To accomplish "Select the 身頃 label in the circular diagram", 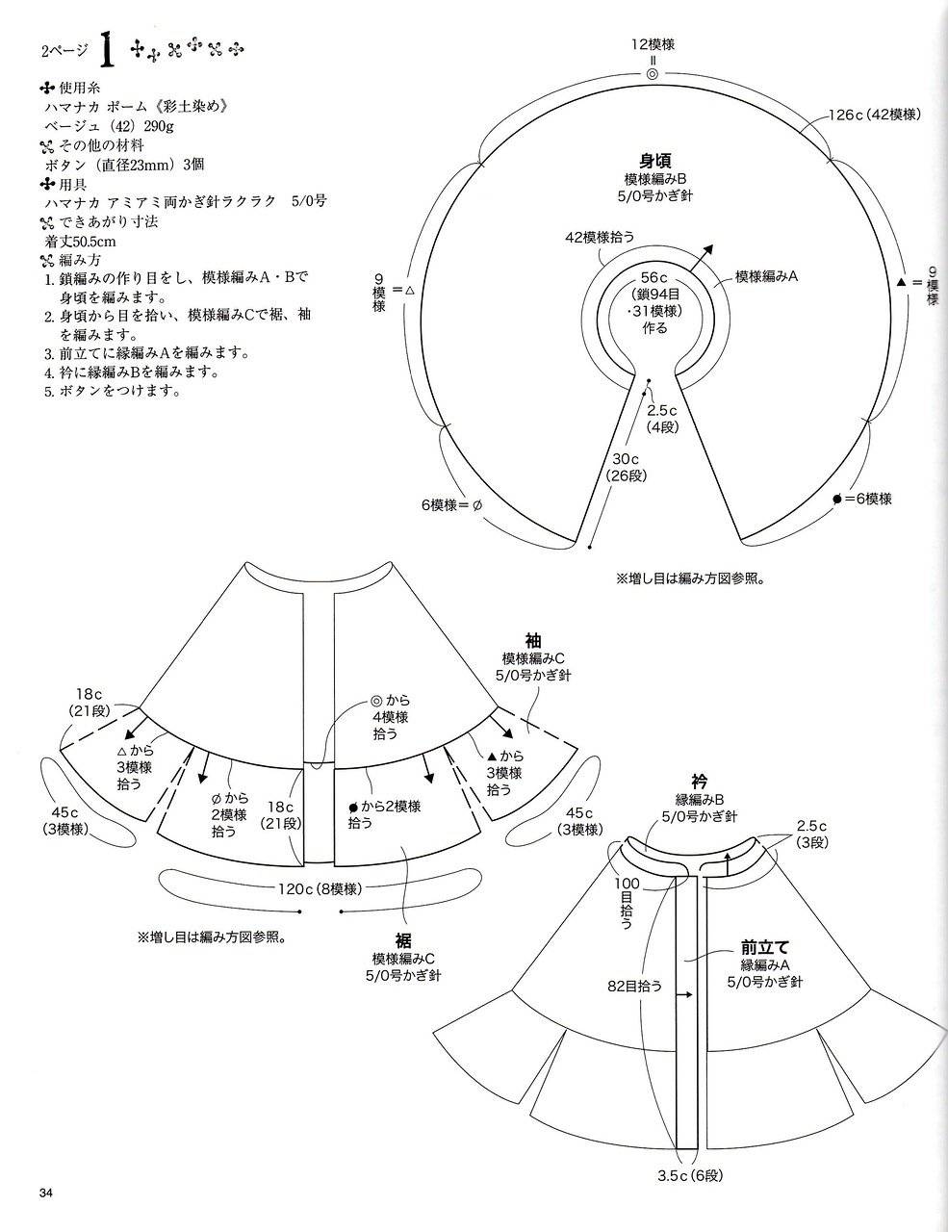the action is coord(655,161).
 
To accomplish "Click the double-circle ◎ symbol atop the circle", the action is coord(653,74).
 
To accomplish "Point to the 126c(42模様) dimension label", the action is coord(874,115).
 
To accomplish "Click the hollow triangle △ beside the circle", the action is coord(410,290).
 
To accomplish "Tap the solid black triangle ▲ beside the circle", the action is coord(901,282).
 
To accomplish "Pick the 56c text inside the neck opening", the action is coord(653,277).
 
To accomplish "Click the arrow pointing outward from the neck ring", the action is coord(700,258).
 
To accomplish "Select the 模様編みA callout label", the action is coord(766,276).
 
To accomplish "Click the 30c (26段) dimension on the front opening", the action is coord(626,467).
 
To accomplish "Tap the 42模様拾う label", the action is coord(600,237).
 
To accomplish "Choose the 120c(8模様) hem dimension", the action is coord(320,888).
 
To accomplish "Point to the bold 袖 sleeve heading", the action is coord(533,641).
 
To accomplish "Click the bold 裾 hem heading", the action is coord(403,940).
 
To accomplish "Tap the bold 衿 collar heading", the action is coord(700,781).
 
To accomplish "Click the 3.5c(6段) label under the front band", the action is coord(690,1175).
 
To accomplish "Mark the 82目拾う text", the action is coord(634,986).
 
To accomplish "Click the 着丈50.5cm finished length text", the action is coord(81,242).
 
